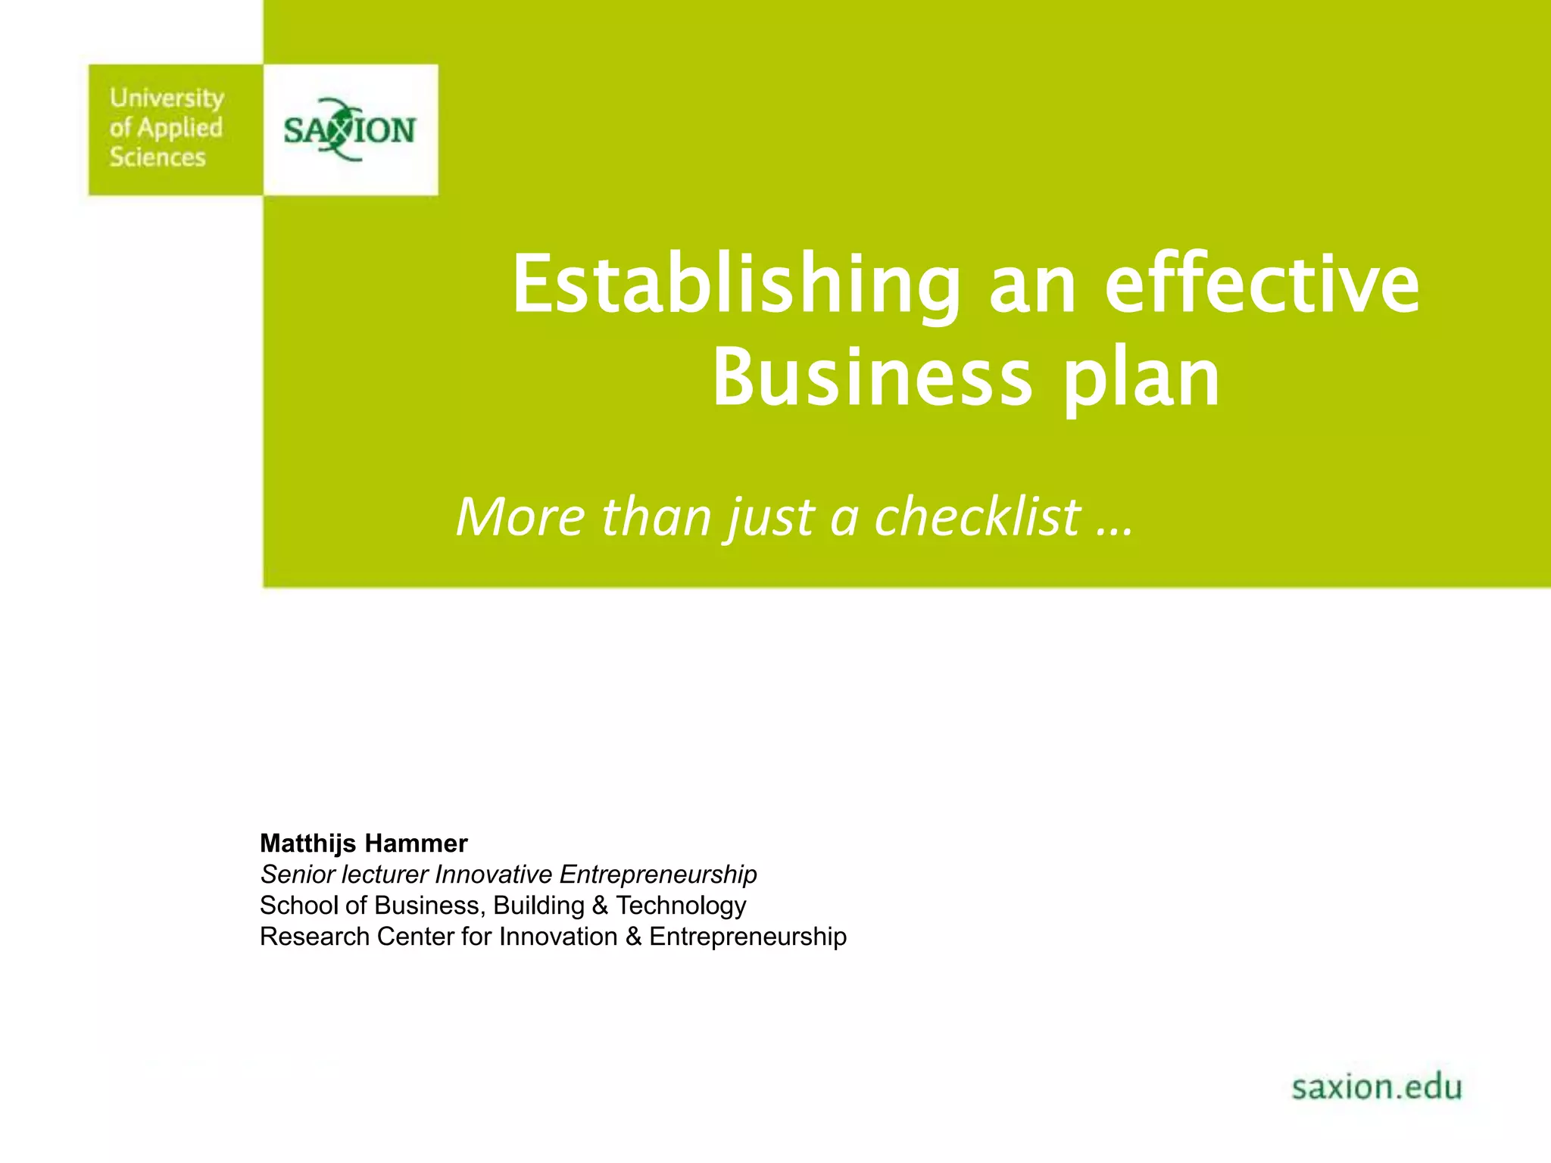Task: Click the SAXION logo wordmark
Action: click(x=349, y=130)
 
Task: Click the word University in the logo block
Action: click(x=167, y=98)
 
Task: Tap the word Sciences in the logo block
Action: click(x=158, y=157)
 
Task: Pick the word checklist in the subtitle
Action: click(x=978, y=517)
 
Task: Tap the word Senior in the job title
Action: click(x=297, y=875)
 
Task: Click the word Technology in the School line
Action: click(x=681, y=906)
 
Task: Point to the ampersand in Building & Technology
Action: click(x=600, y=906)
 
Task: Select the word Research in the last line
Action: click(x=314, y=937)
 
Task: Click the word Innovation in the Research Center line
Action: click(x=558, y=937)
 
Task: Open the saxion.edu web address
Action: click(x=1376, y=1087)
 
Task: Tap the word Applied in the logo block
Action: click(x=179, y=128)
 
